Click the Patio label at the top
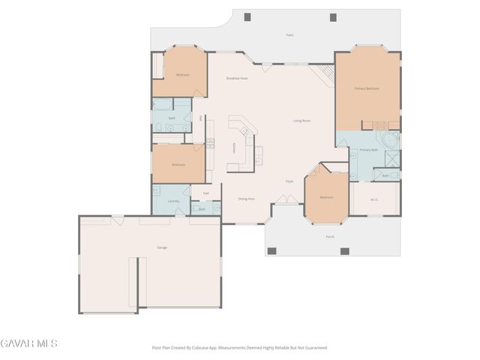pyautogui.click(x=289, y=35)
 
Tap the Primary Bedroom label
pyautogui.click(x=367, y=88)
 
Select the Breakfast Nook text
pyautogui.click(x=237, y=78)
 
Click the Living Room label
pyautogui.click(x=301, y=121)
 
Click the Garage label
pyautogui.click(x=161, y=247)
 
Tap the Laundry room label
pyautogui.click(x=172, y=201)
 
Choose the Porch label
pyautogui.click(x=329, y=236)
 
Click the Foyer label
pyautogui.click(x=289, y=181)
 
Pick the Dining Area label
pyautogui.click(x=246, y=199)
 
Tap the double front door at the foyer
pyautogui.click(x=283, y=199)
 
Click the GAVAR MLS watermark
pyautogui.click(x=28, y=343)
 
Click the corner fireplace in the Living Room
pyautogui.click(x=324, y=73)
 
